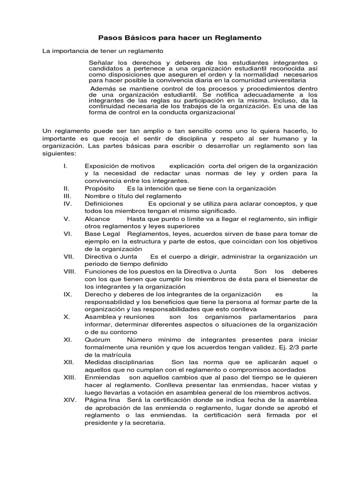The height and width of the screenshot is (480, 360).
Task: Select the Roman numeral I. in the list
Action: tap(66, 166)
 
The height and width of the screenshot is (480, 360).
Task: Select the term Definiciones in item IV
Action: tap(104, 204)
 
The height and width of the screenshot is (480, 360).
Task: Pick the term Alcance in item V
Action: tap(97, 219)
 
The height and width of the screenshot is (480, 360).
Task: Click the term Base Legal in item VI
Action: tap(102, 234)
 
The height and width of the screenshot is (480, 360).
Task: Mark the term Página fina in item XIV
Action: tap(102, 400)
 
